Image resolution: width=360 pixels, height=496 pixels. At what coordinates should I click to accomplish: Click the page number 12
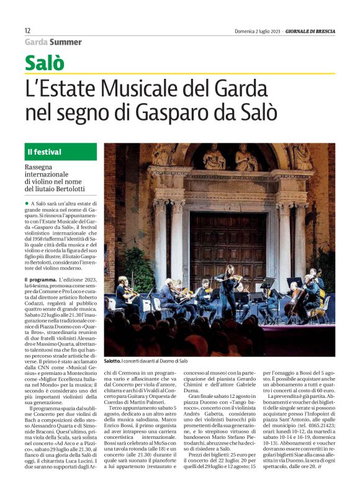coord(27,30)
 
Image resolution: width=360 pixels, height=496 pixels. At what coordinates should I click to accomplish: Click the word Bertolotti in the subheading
coord(64,188)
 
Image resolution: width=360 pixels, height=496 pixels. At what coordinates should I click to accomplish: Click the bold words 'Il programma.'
coord(40,281)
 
